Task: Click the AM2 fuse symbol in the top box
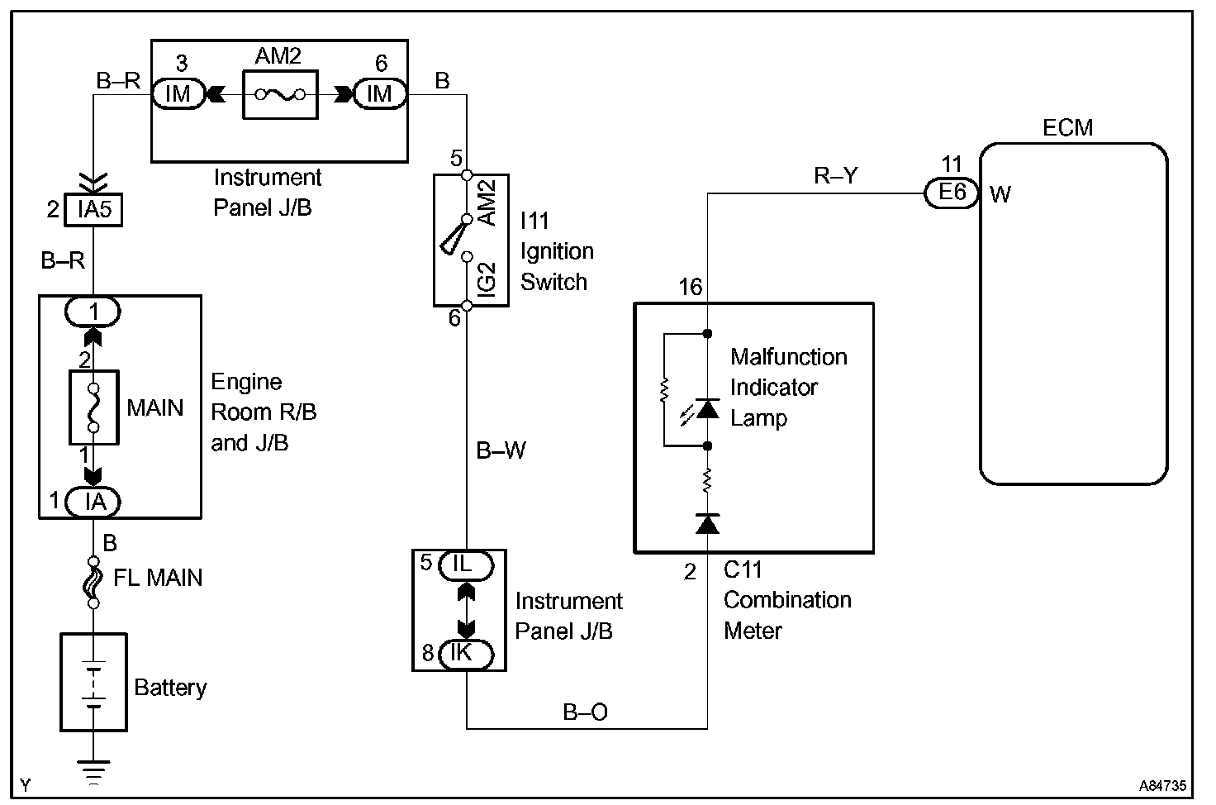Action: (279, 94)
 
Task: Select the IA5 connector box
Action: (94, 210)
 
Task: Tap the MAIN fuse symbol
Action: (93, 407)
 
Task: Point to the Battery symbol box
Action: (93, 682)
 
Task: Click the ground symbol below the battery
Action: (94, 771)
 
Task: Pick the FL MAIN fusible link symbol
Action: (93, 578)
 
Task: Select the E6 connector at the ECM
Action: (952, 193)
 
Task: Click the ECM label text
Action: (1067, 128)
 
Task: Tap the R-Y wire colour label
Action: (836, 175)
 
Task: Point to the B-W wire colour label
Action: (501, 450)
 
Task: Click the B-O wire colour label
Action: (586, 712)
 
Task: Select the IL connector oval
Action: (464, 564)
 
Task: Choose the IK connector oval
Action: (464, 653)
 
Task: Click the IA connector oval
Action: (93, 501)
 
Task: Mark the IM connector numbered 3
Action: (178, 94)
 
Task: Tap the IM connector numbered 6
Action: (379, 94)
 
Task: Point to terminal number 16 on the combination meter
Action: (691, 288)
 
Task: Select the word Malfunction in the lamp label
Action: (789, 357)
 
